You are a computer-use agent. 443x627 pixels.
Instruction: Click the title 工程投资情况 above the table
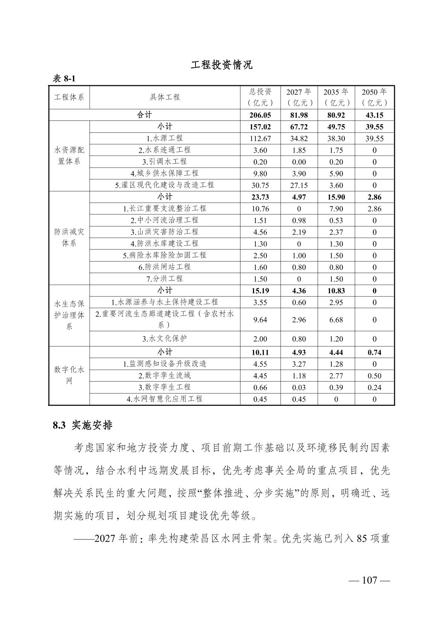coord(221,65)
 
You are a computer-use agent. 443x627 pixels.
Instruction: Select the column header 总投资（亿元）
coord(260,97)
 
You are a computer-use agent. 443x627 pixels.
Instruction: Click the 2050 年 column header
coord(374,97)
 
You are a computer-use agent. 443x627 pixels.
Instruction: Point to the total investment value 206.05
coord(260,115)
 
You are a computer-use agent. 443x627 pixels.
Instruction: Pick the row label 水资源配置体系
coord(69,156)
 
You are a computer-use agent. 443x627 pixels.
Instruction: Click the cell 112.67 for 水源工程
coord(260,139)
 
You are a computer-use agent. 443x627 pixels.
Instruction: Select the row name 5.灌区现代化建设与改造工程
coord(165,185)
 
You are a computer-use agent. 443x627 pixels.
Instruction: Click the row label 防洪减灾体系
coord(69,238)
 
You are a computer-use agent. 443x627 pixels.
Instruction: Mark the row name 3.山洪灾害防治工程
coord(165,232)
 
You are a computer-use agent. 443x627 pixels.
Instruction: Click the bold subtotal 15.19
coord(260,291)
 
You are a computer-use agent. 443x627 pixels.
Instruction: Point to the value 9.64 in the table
coord(260,320)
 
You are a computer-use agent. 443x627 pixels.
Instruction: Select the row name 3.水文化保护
coord(165,339)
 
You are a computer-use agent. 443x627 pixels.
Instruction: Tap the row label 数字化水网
coord(69,375)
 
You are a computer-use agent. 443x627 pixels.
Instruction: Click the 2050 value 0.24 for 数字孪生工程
coord(374,387)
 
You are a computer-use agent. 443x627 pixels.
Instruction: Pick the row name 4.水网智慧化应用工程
coord(165,399)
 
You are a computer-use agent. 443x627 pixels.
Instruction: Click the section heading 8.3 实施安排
coord(82,426)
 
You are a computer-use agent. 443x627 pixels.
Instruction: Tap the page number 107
coord(369,580)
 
